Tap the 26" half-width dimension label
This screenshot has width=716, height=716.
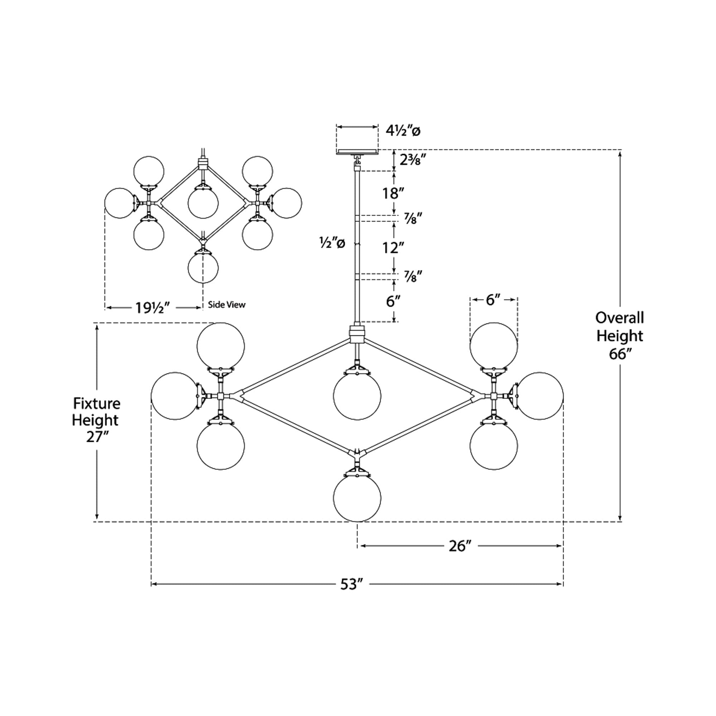tap(460, 546)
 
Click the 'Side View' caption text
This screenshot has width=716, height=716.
tap(227, 305)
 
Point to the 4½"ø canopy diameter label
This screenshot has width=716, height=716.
tap(403, 131)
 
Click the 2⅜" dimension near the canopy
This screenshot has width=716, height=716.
tap(410, 159)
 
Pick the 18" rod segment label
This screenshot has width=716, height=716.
tap(392, 193)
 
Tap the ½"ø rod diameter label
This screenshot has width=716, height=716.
tap(333, 243)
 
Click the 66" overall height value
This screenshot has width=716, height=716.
tap(619, 354)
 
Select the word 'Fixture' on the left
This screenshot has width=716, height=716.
tap(97, 403)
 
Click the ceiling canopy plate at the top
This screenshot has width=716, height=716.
tap(357, 151)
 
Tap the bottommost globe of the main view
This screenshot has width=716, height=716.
tap(357, 498)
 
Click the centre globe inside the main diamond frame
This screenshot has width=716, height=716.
tap(357, 396)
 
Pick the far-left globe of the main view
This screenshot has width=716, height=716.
tap(175, 396)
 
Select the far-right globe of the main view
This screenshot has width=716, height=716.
tap(540, 396)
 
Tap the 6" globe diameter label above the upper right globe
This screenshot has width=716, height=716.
tap(493, 300)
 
